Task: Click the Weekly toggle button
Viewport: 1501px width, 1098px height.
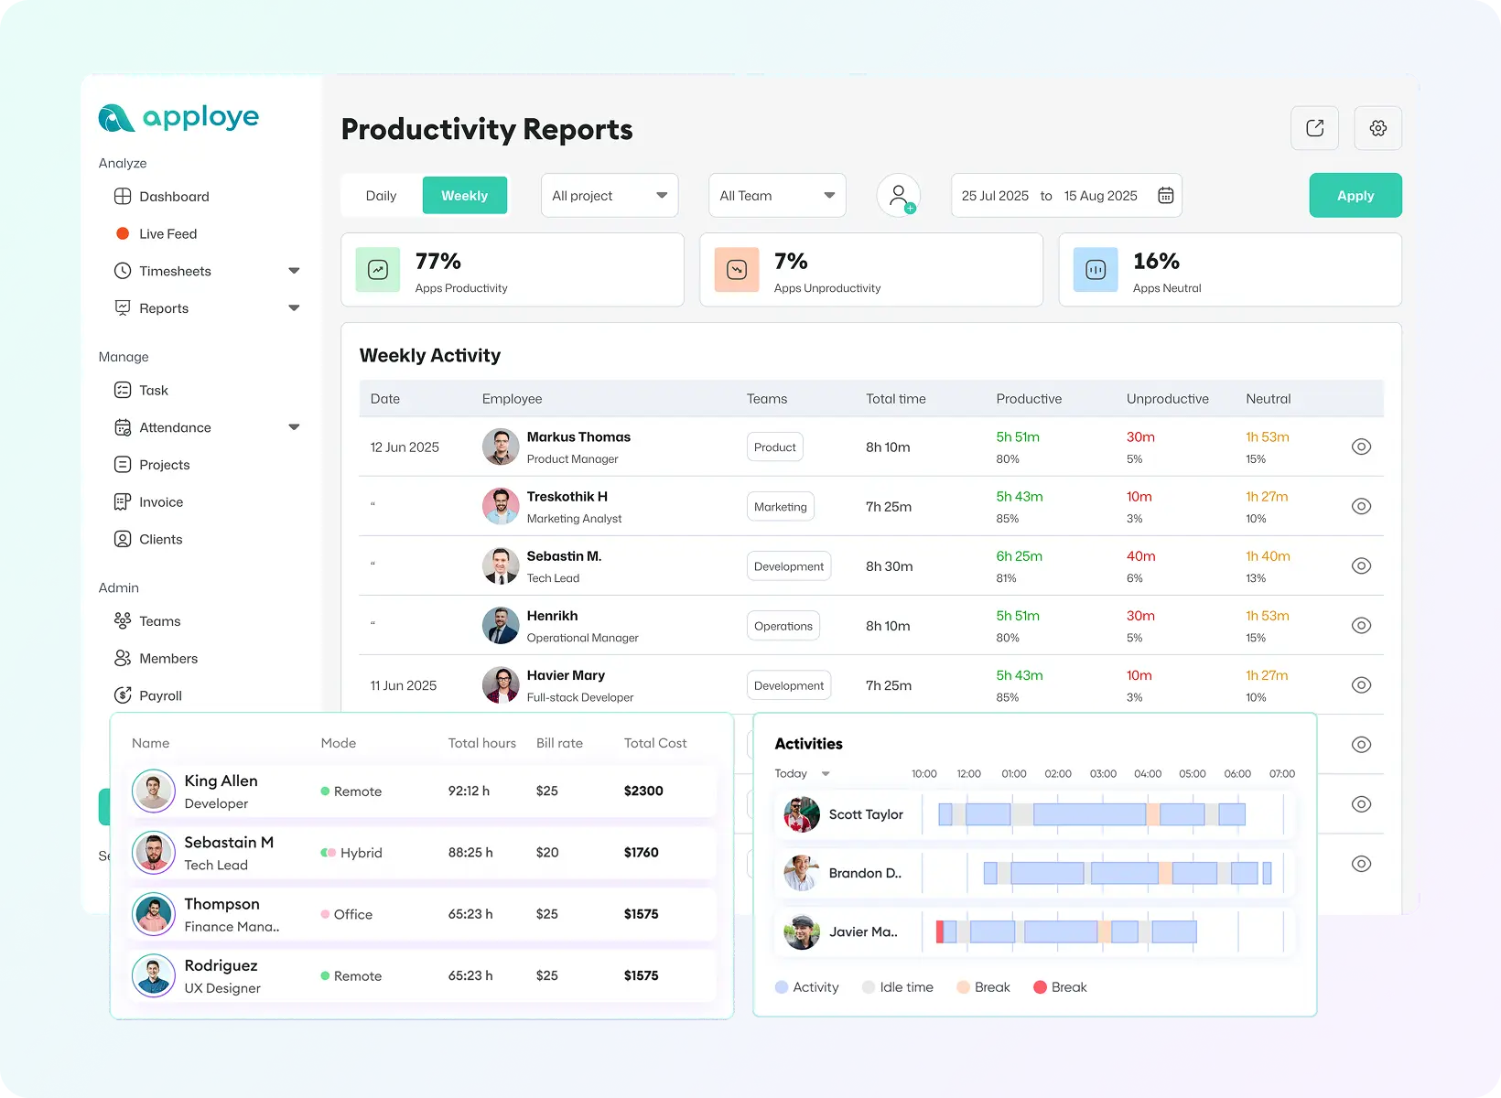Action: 464,196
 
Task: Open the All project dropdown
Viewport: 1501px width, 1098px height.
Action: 609,196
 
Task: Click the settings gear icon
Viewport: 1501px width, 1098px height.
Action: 1377,128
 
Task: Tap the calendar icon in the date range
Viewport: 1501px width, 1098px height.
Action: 1165,196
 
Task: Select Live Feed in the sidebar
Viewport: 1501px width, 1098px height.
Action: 167,234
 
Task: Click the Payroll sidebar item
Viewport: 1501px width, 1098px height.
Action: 160,695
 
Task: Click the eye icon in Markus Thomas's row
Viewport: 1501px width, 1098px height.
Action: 1361,447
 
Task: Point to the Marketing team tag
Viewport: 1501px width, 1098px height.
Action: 781,507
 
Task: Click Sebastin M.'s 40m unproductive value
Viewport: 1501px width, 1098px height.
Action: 1140,556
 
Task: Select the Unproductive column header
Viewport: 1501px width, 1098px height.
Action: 1167,399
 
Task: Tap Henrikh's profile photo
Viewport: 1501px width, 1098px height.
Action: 501,626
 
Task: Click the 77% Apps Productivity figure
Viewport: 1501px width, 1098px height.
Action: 438,262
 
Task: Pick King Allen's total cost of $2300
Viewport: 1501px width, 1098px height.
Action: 643,791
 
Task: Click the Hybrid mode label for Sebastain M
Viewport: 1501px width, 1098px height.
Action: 361,853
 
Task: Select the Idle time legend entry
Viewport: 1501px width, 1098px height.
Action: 905,987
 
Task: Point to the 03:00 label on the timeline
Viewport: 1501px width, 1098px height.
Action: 1103,774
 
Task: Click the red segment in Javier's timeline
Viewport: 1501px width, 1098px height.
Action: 940,931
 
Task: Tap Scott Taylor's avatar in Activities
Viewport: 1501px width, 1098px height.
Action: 802,814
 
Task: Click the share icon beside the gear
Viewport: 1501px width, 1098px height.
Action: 1314,128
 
